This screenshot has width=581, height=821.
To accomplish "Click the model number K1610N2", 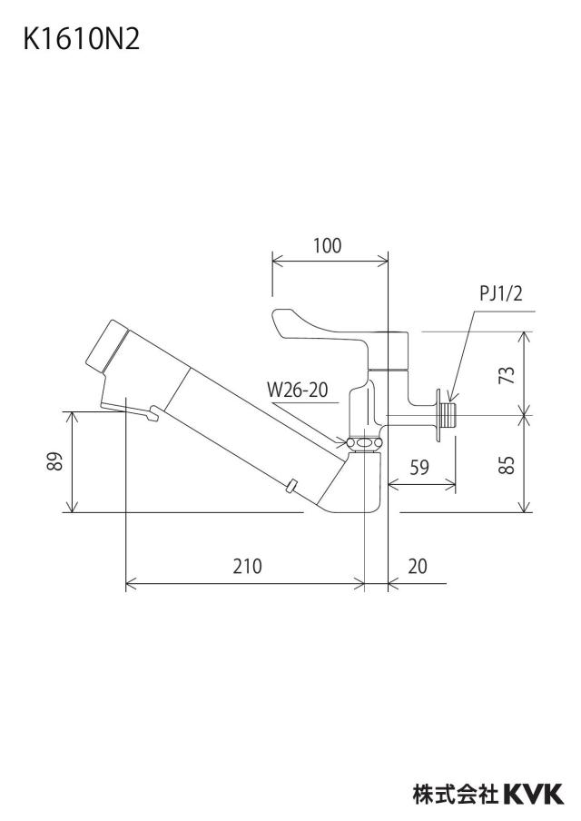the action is (x=82, y=39).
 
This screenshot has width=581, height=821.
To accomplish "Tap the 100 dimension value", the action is (x=327, y=245).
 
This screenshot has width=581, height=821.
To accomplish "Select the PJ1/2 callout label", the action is (x=501, y=293).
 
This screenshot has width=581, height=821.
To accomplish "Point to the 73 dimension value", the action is (x=507, y=374).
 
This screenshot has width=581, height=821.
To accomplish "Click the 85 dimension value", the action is (x=507, y=464).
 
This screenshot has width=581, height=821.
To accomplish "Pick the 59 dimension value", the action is (x=419, y=467).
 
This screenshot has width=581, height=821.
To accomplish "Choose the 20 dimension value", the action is (x=418, y=566).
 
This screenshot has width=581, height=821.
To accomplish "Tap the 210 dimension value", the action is (x=248, y=566).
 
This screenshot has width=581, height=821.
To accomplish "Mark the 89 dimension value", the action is (x=55, y=460).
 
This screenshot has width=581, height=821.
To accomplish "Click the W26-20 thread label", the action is (x=297, y=390).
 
